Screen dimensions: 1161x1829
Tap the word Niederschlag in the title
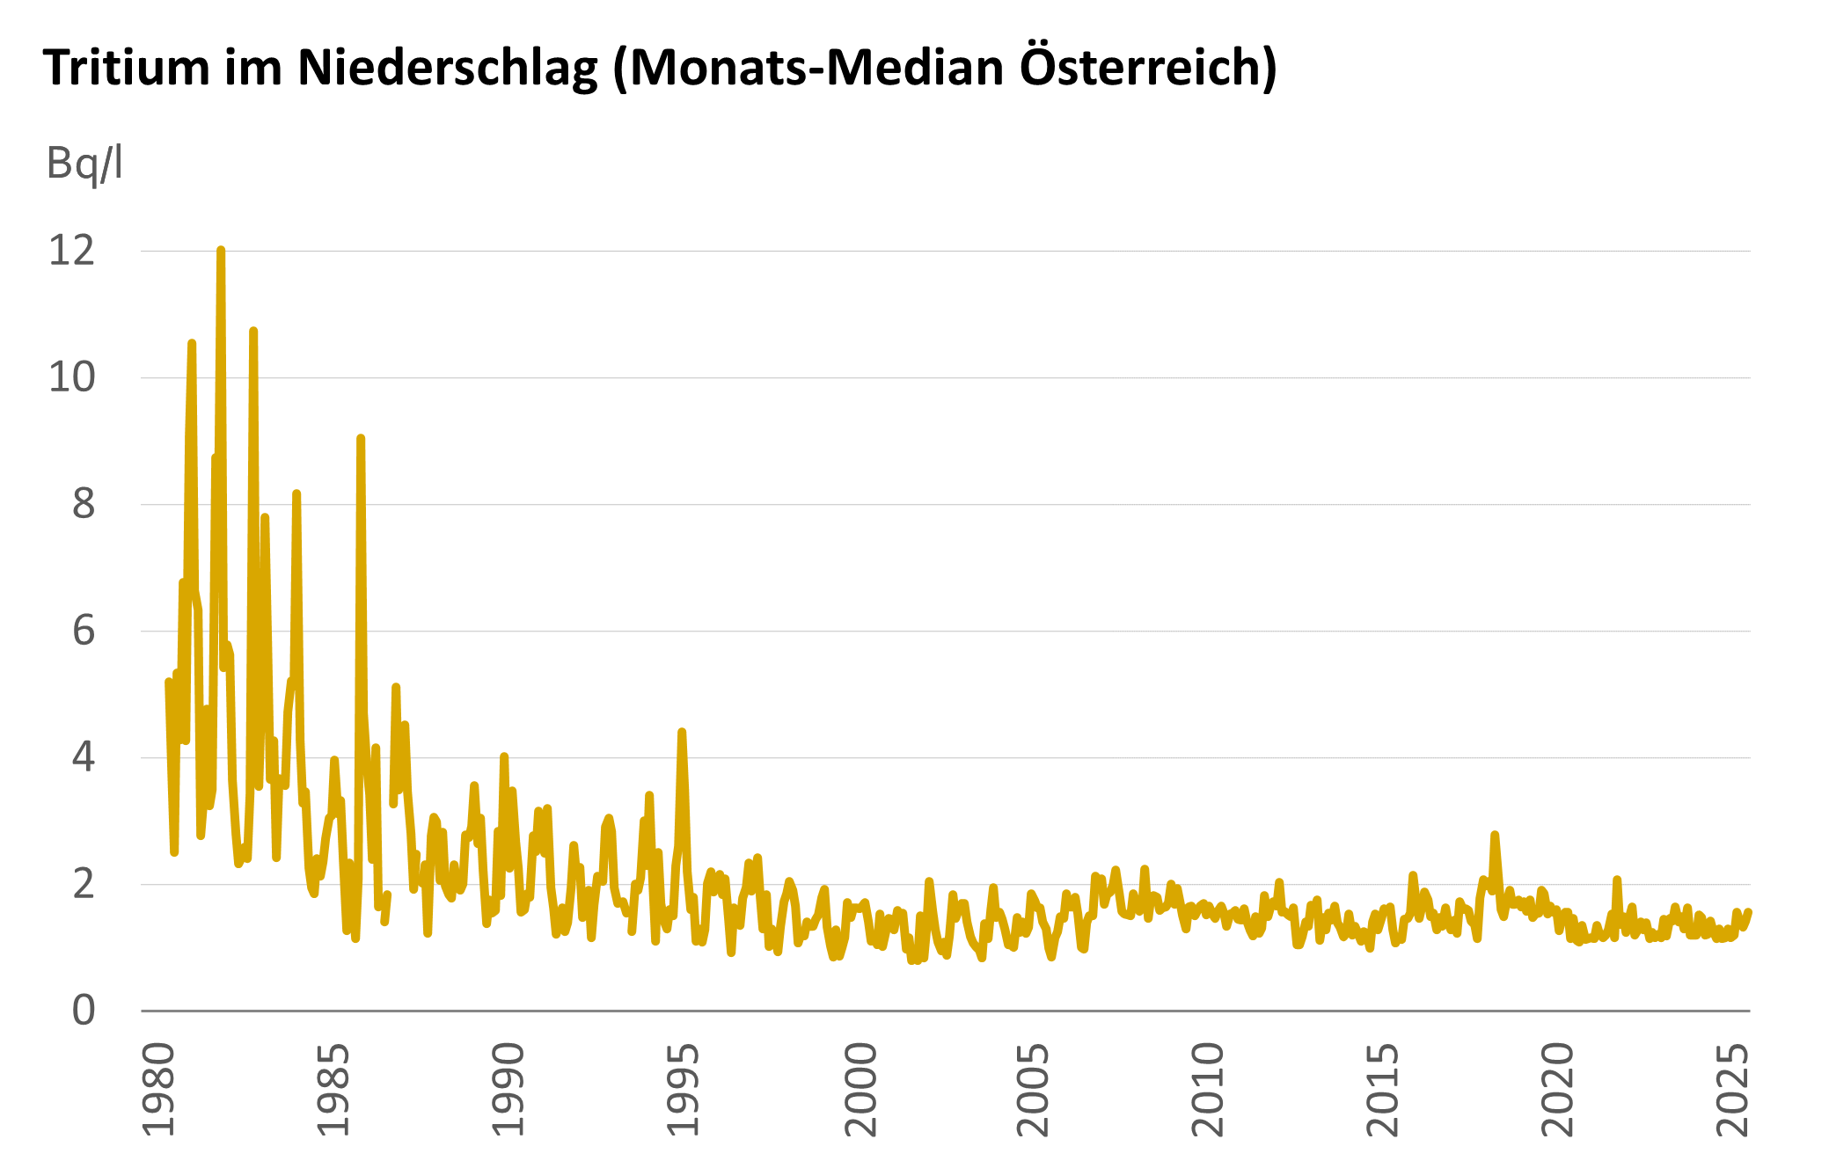coord(448,68)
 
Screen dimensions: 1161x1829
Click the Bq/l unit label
coord(84,164)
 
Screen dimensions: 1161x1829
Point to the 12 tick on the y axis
coord(71,252)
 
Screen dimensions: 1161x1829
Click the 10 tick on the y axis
coord(71,378)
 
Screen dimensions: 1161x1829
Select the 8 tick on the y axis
coord(83,505)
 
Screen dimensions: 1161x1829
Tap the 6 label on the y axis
coord(83,632)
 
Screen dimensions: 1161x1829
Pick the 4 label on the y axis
coord(83,757)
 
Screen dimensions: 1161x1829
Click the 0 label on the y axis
coord(83,1011)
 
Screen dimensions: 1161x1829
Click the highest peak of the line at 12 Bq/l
coord(221,252)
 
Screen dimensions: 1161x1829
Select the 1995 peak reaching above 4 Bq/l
coord(682,732)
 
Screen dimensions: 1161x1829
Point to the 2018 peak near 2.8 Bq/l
coord(1494,835)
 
